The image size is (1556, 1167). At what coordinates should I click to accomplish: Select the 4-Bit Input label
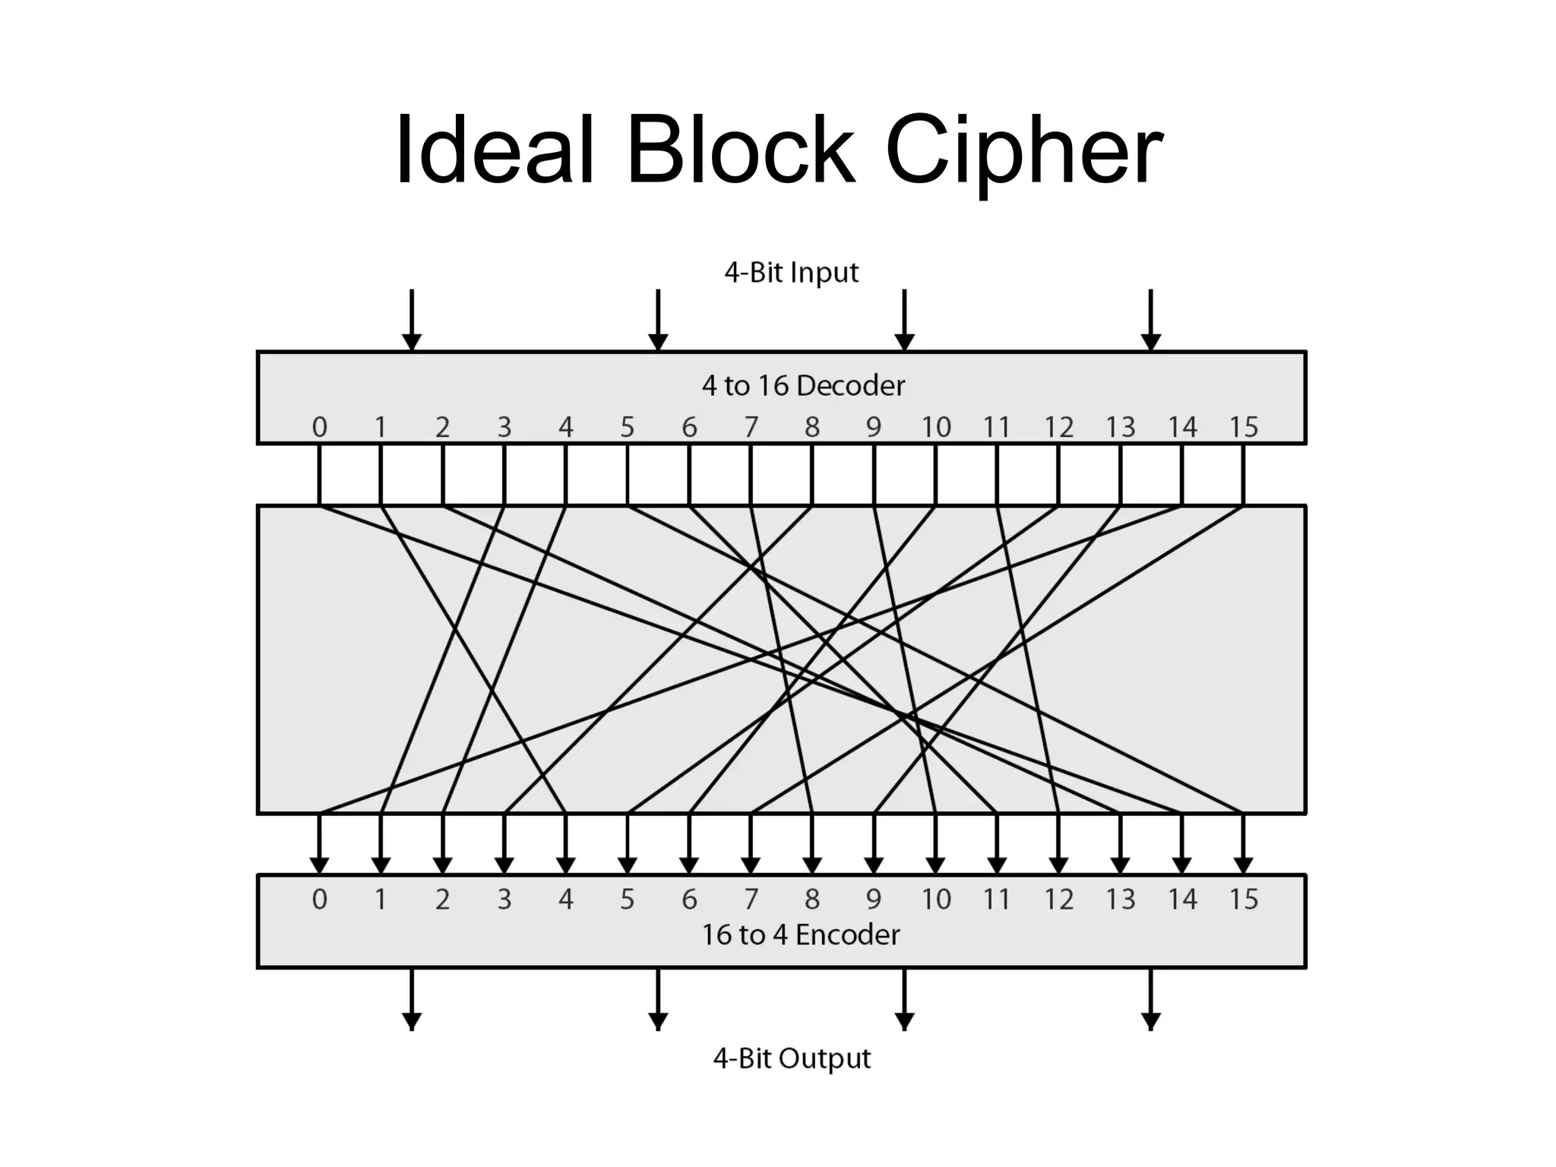[x=791, y=272]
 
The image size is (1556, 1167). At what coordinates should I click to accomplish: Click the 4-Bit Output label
[x=791, y=1058]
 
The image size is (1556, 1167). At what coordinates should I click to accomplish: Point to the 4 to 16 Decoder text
[x=803, y=386]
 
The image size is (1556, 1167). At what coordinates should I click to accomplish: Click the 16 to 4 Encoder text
[x=800, y=935]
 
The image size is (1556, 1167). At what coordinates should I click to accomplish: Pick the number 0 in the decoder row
[x=319, y=427]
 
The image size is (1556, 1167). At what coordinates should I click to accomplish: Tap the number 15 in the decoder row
[x=1243, y=427]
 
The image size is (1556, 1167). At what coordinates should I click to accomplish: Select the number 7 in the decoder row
[x=751, y=427]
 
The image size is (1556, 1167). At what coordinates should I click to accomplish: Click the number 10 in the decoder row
[x=935, y=427]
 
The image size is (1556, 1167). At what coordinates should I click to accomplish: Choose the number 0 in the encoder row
[x=319, y=900]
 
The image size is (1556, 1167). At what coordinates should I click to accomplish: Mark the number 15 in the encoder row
[x=1243, y=900]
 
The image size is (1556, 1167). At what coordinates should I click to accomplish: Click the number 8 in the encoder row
[x=812, y=900]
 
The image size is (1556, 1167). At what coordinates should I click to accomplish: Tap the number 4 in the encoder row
[x=565, y=900]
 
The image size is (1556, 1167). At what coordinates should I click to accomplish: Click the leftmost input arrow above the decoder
[x=411, y=319]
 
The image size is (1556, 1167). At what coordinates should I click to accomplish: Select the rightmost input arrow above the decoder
[x=1151, y=319]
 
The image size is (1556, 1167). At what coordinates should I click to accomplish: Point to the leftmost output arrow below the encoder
[x=411, y=999]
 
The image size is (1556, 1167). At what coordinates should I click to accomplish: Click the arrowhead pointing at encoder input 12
[x=1058, y=865]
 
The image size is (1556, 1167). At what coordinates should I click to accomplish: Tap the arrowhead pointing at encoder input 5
[x=627, y=865]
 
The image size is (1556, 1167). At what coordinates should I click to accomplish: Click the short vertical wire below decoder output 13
[x=1120, y=474]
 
